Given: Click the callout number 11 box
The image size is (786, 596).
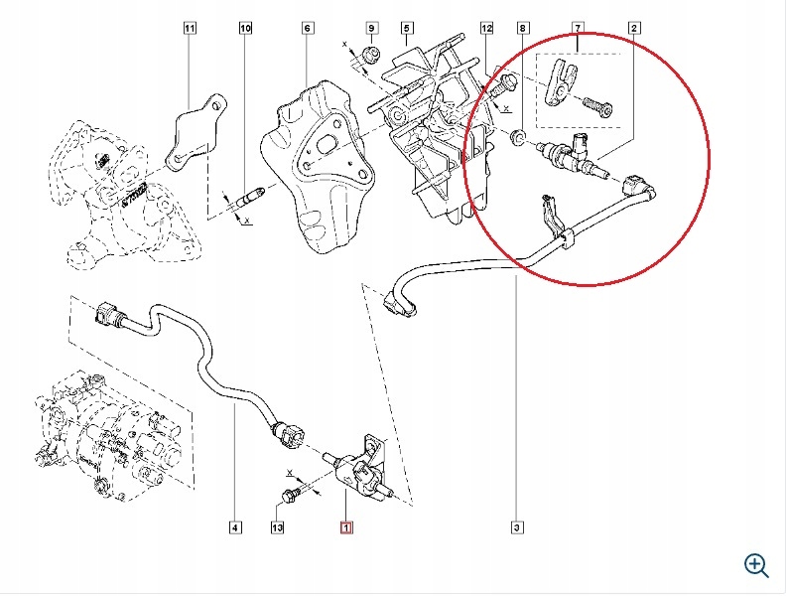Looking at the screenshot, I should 191,29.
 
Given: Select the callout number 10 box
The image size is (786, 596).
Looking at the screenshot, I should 245,29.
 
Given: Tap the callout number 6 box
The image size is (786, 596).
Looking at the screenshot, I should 308,29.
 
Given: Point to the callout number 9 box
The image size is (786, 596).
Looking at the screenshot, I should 372,29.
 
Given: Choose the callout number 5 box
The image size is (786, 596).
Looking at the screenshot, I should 408,29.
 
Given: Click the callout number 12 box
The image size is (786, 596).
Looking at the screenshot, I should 485,29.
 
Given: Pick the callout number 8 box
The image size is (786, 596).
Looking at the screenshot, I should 523,29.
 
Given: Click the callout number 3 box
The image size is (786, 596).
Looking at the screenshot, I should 517,527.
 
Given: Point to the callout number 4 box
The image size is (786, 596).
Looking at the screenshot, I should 235,527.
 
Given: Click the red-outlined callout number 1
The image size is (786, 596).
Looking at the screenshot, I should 345,527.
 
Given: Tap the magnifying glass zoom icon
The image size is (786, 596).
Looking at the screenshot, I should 756,565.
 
